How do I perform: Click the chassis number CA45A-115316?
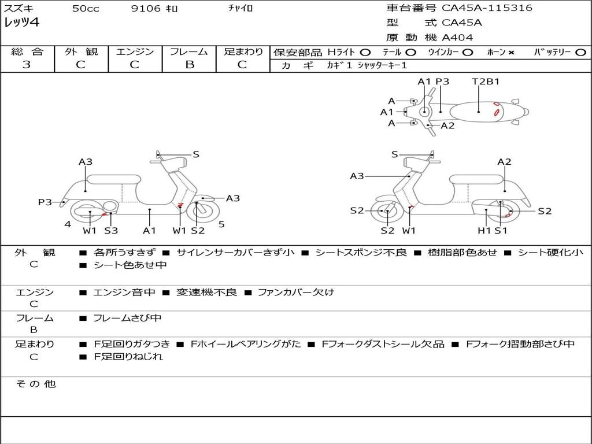[487, 8]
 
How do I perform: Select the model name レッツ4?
[21, 23]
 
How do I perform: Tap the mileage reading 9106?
[146, 8]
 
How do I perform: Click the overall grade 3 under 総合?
[27, 65]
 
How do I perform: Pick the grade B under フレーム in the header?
[190, 65]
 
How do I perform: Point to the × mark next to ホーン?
[511, 53]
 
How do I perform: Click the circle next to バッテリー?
[580, 53]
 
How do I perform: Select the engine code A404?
[457, 38]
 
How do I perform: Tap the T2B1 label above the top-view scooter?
[486, 81]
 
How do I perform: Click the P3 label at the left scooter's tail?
[45, 202]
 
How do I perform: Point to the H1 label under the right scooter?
[484, 230]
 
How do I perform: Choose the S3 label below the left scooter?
[111, 230]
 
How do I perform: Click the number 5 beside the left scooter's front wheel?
[221, 224]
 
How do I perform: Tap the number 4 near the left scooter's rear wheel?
[68, 224]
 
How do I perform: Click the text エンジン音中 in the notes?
[124, 292]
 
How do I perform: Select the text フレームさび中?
[127, 318]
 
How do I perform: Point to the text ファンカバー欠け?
[295, 292]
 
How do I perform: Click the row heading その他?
[35, 384]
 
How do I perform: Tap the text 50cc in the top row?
[86, 8]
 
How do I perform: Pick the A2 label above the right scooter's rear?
[504, 162]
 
